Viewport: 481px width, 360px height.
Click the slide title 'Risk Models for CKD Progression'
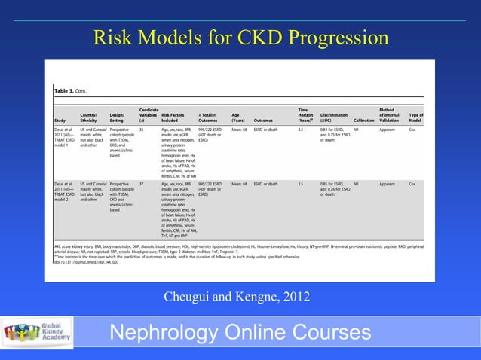point(240,38)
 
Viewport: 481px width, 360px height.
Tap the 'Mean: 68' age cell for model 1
point(240,130)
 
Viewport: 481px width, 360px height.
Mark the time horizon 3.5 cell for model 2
point(300,183)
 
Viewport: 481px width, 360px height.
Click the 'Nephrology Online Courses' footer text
point(240,334)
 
